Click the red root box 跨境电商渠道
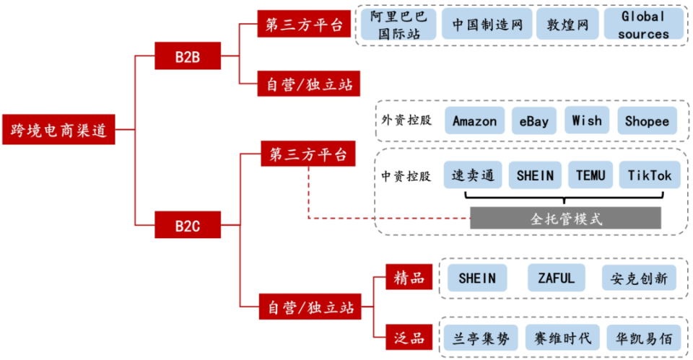[58, 130]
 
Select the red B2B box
[187, 56]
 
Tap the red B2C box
[187, 225]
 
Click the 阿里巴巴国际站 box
[398, 25]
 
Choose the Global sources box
[642, 25]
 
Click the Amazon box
[474, 120]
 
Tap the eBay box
[533, 120]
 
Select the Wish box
[586, 120]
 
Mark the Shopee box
[647, 120]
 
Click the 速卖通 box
[472, 175]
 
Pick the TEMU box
[590, 175]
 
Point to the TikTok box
[649, 175]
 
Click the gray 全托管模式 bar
[565, 218]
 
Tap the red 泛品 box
[409, 337]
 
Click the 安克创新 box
[639, 278]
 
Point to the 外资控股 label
[406, 120]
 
